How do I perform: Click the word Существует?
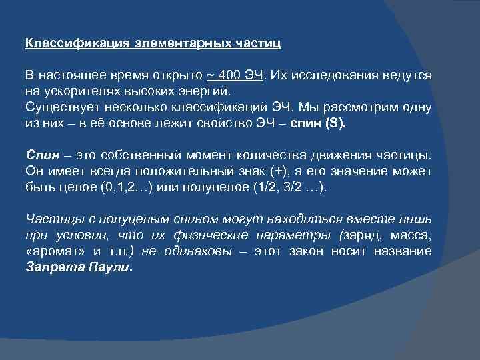[58, 107]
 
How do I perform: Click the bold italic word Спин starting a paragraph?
[41, 155]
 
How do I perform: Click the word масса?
[414, 235]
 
